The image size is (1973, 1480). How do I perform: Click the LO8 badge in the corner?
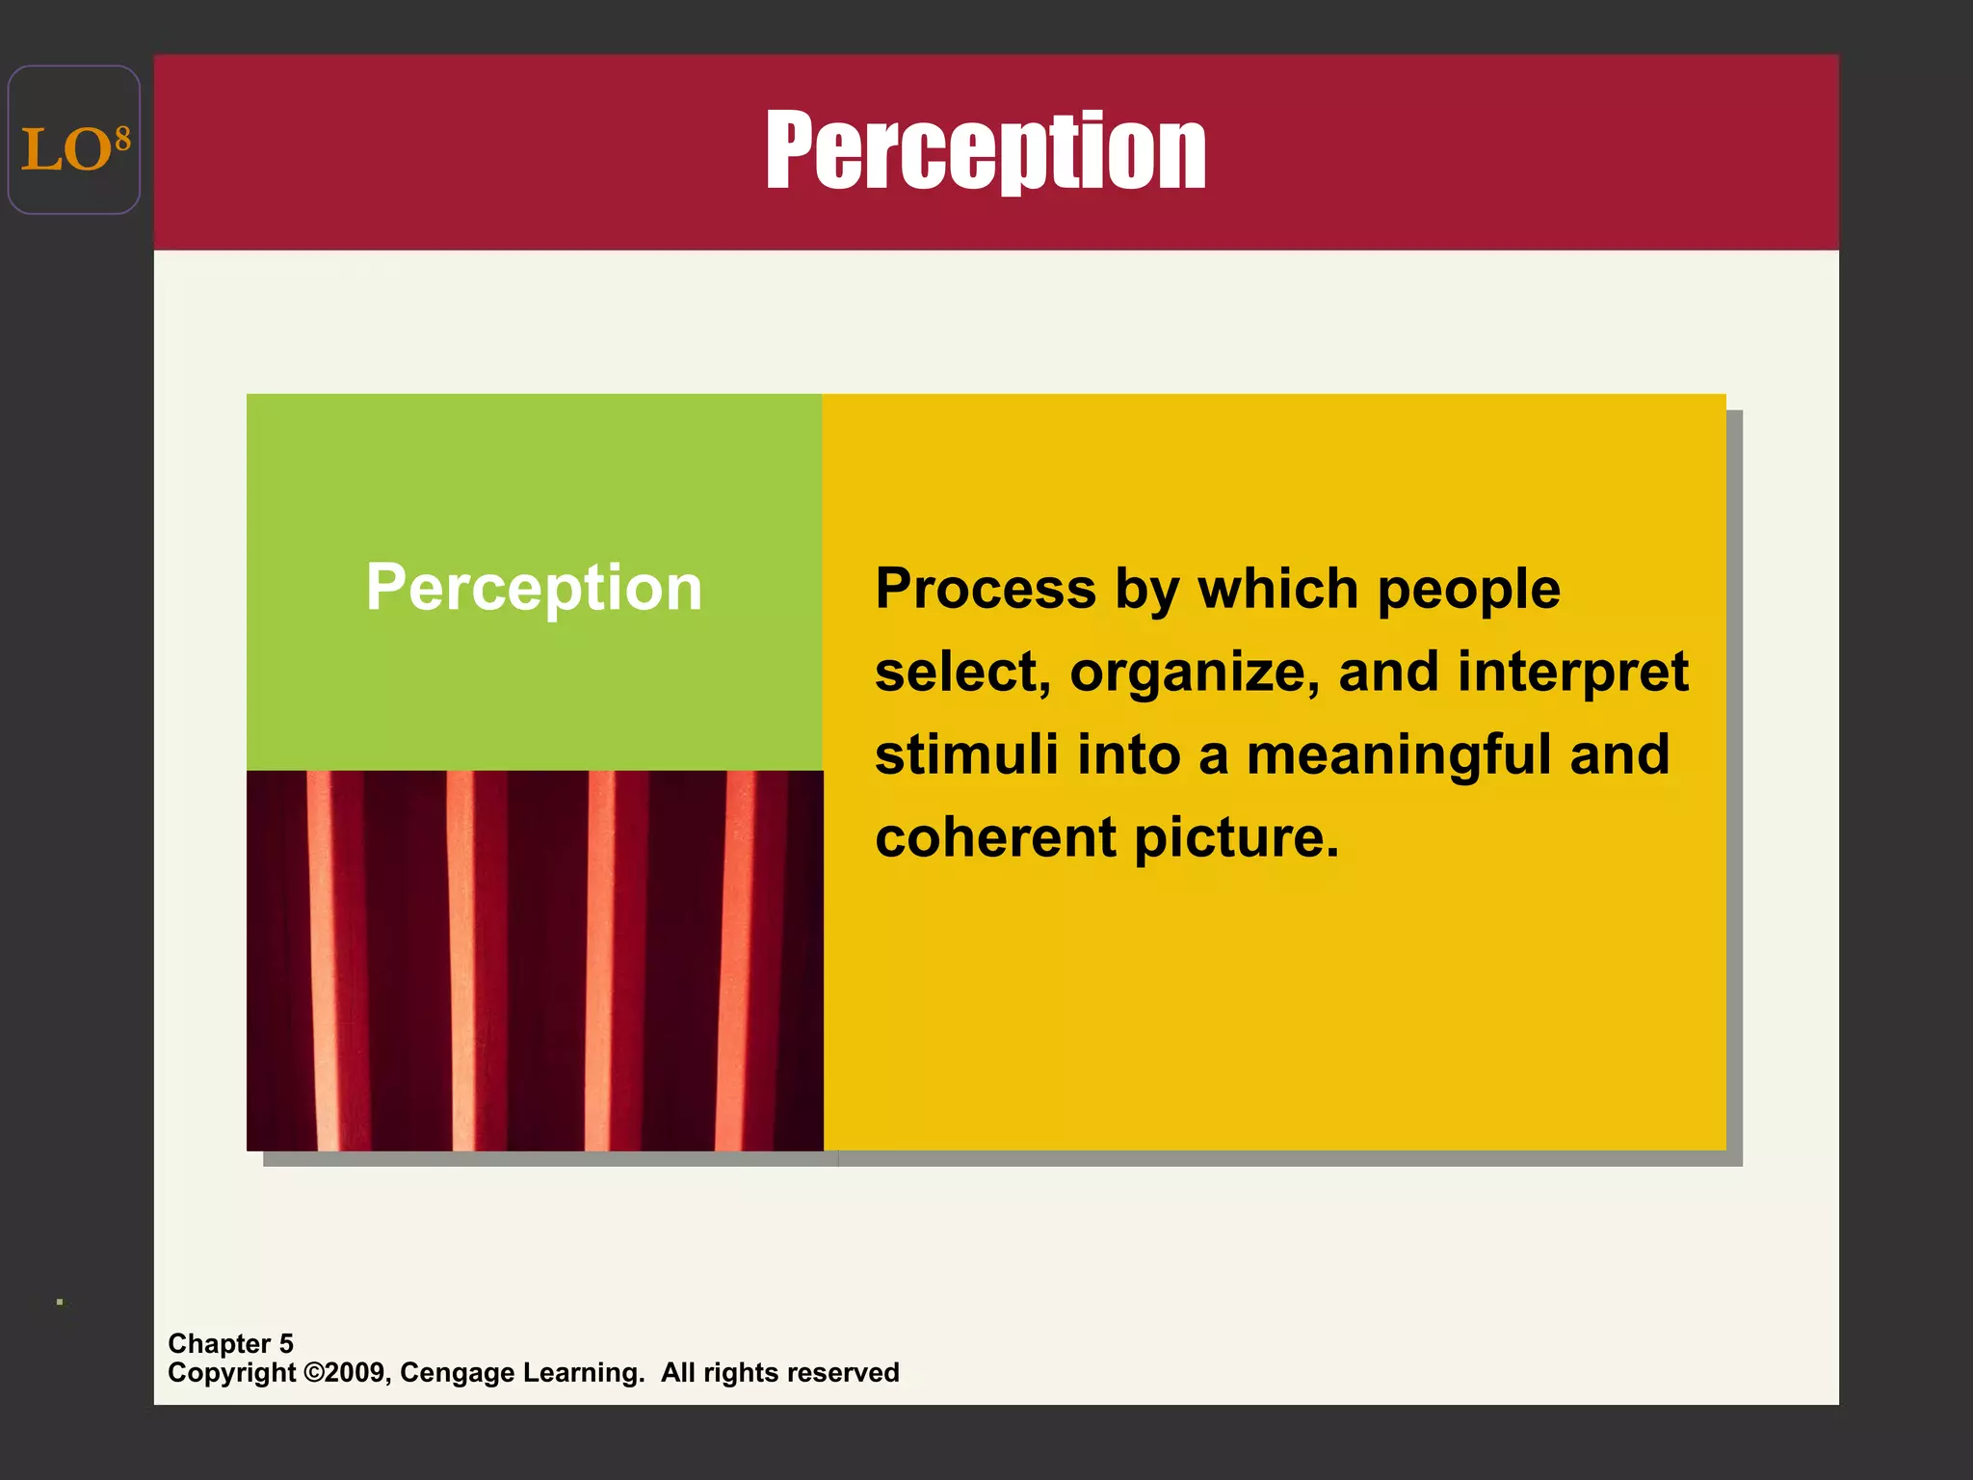point(74,141)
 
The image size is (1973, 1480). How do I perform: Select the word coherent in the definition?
point(994,837)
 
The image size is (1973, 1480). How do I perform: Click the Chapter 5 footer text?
point(230,1343)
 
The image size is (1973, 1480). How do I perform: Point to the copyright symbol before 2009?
point(313,1372)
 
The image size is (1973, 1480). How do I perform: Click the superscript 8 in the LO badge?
point(122,141)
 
